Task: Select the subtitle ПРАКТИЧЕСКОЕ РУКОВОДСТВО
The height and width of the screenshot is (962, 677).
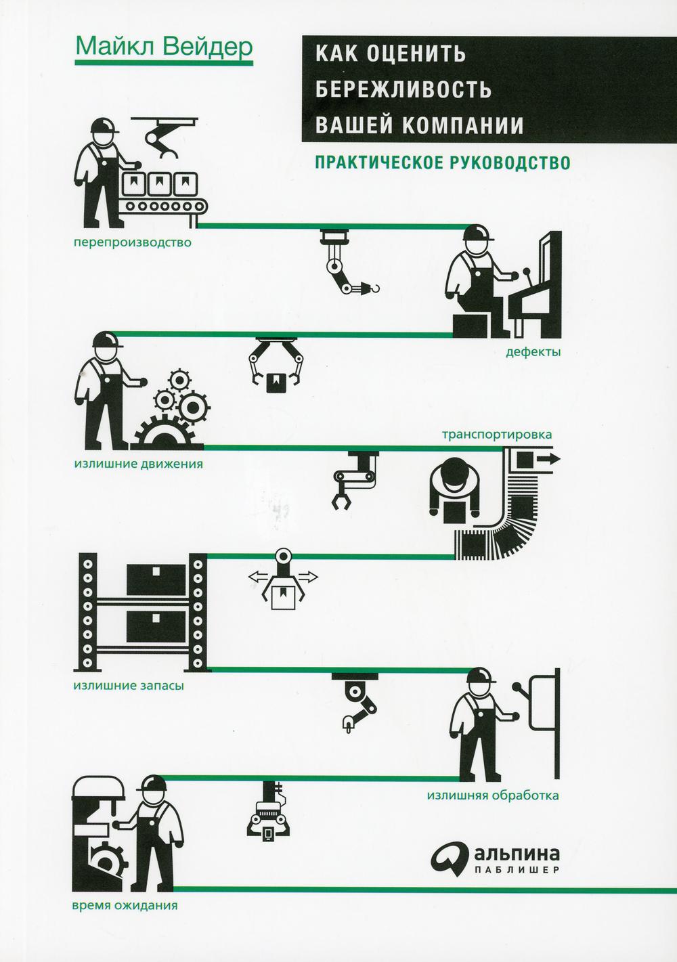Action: click(443, 162)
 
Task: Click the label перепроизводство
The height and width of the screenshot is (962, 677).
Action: click(133, 243)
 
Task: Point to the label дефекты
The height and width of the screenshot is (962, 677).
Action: click(533, 353)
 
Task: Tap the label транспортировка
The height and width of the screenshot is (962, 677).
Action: click(497, 434)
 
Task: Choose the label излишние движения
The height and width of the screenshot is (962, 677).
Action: click(138, 464)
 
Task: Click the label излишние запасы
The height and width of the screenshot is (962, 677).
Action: click(129, 685)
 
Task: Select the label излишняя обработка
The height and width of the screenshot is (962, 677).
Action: click(493, 795)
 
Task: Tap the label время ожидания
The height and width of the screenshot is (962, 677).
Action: click(125, 906)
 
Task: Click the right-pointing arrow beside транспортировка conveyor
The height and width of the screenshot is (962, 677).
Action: click(548, 459)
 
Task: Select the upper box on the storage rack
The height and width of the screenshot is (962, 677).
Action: click(156, 580)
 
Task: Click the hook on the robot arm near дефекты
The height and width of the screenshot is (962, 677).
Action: click(376, 288)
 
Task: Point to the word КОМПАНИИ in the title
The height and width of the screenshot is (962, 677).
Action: click(465, 125)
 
